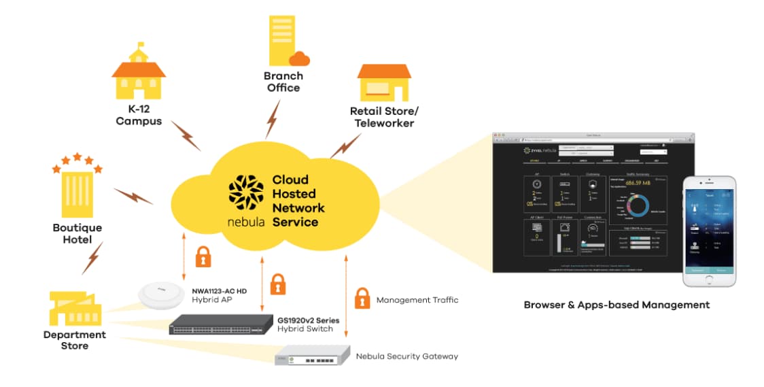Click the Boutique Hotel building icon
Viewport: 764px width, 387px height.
pos(76,193)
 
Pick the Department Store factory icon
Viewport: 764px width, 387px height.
pos(75,308)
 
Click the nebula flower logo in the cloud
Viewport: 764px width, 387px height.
pos(245,194)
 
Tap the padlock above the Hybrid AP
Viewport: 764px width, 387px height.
pos(203,256)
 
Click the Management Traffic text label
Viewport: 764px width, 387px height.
pos(417,300)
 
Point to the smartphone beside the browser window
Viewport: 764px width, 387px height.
pos(709,231)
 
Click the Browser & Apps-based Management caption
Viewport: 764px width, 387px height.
pos(617,305)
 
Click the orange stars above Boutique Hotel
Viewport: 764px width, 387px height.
pos(77,161)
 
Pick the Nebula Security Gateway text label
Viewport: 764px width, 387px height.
pos(406,356)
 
